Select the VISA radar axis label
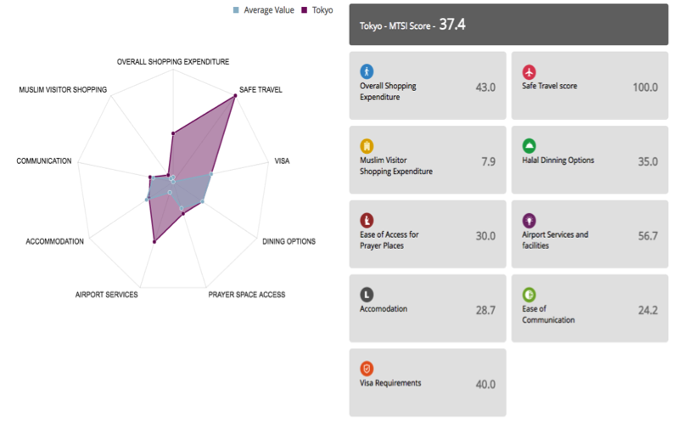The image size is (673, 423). click(x=282, y=161)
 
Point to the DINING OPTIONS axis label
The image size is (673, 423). click(x=289, y=241)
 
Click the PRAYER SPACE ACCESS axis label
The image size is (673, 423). click(x=247, y=295)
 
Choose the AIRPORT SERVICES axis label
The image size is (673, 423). click(x=106, y=295)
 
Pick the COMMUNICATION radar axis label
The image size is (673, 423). click(x=44, y=161)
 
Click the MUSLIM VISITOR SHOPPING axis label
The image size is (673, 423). click(x=63, y=89)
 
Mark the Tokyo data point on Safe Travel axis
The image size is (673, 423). click(x=234, y=97)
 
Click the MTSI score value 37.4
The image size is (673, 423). click(x=451, y=25)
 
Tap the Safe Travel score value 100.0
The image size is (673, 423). click(x=645, y=87)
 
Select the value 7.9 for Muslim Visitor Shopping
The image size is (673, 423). click(x=488, y=161)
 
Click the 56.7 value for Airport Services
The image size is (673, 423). click(x=648, y=236)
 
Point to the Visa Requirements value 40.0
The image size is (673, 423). click(x=485, y=384)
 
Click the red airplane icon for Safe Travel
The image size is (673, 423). click(x=530, y=71)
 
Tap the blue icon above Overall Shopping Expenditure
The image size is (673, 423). click(x=367, y=71)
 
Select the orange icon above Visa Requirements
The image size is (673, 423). click(x=367, y=369)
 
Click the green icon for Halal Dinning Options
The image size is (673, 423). click(x=530, y=145)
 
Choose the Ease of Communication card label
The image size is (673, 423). click(x=547, y=314)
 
